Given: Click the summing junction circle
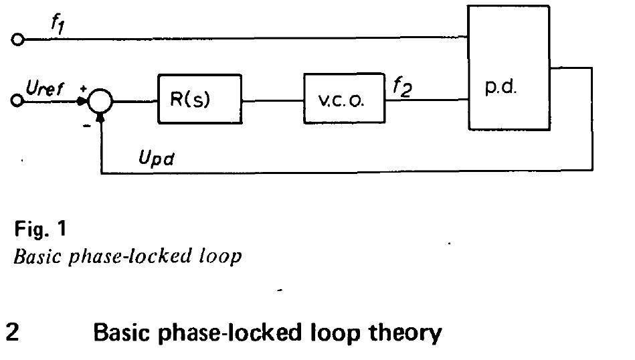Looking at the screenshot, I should [101, 102].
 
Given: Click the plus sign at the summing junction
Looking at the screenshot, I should [84, 88].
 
